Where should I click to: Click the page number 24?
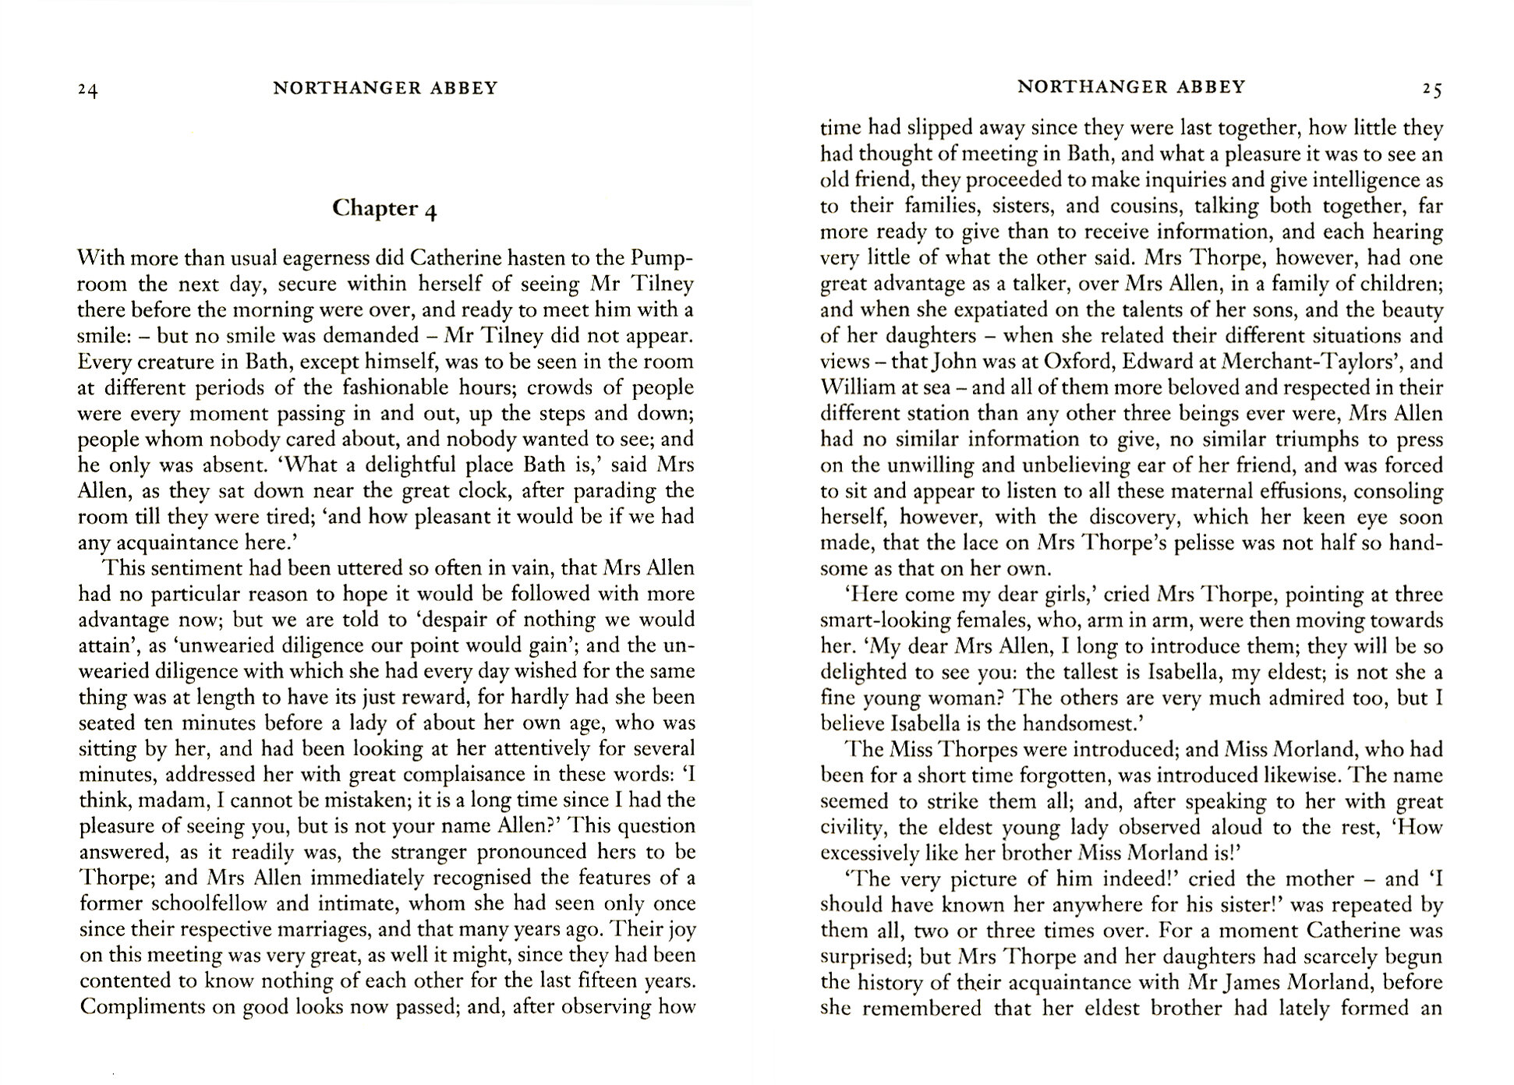(88, 90)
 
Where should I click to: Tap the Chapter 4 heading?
(384, 208)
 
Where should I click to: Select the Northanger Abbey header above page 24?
(385, 88)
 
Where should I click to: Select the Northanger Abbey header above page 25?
(1131, 87)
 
